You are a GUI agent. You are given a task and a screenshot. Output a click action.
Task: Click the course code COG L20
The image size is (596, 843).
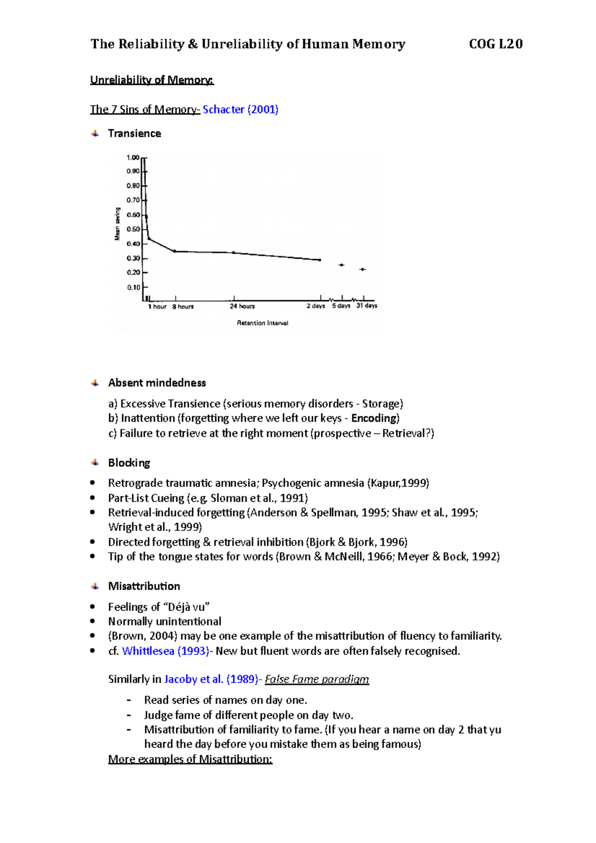pos(495,44)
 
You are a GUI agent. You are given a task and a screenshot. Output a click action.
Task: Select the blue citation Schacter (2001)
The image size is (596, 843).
pos(240,109)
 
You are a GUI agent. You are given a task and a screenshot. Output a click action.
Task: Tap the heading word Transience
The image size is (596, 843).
pos(134,134)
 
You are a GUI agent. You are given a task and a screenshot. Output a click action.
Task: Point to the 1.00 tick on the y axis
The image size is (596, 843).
pos(133,158)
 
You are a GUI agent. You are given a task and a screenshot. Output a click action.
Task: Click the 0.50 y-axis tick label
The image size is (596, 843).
pos(133,229)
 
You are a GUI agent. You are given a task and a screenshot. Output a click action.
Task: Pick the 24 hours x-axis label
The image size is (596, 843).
pos(242,306)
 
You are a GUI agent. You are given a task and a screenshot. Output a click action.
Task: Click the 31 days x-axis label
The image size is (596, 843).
pos(367,306)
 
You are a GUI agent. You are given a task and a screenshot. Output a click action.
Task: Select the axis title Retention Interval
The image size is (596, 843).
pos(262,323)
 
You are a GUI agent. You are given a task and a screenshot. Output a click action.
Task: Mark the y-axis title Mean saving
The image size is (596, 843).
pos(118,224)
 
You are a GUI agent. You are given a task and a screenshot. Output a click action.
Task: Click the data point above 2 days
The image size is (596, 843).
pos(319,260)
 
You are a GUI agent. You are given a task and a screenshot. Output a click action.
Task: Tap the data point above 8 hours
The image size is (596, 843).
pos(174,251)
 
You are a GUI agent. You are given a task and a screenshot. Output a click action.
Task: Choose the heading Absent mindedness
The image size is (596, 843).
pos(157,383)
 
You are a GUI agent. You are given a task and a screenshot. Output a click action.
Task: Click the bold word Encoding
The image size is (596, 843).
pos(374,418)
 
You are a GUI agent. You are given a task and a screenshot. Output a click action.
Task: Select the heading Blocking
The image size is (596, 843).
pos(129,463)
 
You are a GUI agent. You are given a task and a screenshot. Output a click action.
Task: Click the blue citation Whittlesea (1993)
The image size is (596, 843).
pos(165,651)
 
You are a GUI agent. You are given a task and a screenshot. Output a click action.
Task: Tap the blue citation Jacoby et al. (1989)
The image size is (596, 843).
pos(211,679)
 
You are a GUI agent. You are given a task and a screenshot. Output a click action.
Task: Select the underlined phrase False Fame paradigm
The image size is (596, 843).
pos(317,679)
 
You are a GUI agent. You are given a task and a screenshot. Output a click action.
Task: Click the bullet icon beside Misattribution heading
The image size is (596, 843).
pos(95,586)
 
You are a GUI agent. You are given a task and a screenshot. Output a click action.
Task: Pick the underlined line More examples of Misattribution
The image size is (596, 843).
pos(190,759)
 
